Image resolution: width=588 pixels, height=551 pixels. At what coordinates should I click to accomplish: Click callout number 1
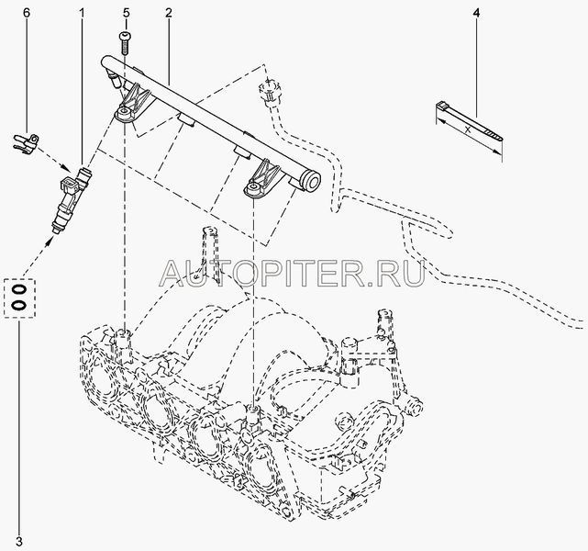tap(83, 13)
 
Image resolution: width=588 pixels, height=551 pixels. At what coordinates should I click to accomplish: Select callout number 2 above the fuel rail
tap(170, 13)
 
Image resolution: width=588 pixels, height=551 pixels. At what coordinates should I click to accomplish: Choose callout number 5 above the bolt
tap(127, 13)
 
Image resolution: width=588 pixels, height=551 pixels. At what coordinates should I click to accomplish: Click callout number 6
tap(26, 13)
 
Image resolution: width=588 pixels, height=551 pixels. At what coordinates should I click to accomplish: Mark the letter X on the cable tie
tap(469, 129)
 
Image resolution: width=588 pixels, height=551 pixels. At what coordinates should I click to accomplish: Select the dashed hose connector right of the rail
tap(270, 94)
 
